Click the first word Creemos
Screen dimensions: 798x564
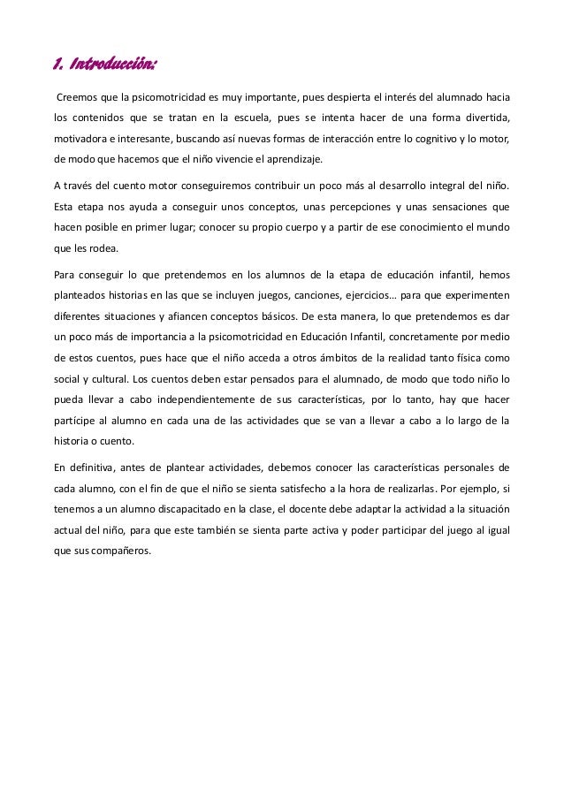pos(78,95)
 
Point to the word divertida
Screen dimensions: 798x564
pos(485,118)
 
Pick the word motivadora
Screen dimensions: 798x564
pos(80,139)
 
